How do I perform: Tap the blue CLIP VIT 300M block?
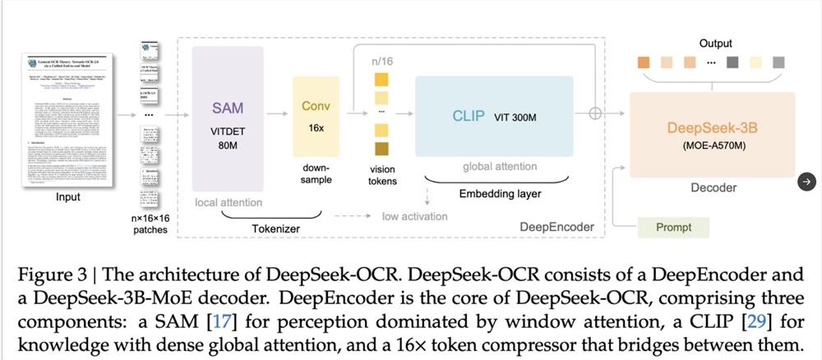493,116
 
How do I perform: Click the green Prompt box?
673,227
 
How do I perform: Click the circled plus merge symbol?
596,115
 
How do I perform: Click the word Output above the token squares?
715,43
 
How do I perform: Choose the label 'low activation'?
414,216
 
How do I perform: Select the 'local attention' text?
229,202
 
